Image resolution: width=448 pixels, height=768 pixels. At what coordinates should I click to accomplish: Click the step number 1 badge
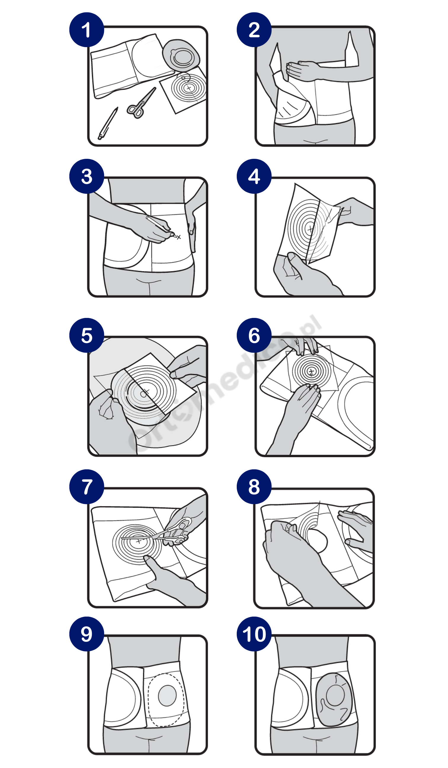[87, 30]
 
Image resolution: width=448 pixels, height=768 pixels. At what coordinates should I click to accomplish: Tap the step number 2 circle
[254, 30]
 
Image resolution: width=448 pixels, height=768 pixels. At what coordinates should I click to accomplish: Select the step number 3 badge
[87, 176]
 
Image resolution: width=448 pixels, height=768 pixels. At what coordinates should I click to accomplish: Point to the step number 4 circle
[254, 176]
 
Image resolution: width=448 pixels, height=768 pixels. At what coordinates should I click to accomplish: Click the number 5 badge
[87, 335]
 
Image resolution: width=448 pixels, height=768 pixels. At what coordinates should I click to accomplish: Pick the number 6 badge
[254, 335]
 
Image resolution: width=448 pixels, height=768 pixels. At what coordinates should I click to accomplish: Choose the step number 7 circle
[87, 487]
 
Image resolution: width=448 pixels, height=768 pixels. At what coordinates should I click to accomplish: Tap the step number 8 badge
[254, 487]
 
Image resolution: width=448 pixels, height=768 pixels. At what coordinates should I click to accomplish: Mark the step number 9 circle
[87, 634]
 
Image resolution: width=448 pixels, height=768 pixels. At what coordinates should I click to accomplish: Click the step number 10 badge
[254, 634]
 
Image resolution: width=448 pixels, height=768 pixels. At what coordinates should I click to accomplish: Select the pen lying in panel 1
[108, 124]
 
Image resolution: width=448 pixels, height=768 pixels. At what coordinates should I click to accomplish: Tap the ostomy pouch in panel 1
[181, 55]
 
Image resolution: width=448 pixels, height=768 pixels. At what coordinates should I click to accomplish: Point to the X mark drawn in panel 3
[179, 237]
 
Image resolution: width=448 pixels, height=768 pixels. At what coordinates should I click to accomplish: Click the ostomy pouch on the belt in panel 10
[334, 700]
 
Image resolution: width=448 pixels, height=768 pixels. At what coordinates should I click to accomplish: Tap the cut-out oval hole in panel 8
[317, 541]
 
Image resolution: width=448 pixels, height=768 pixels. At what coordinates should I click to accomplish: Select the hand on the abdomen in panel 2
[302, 71]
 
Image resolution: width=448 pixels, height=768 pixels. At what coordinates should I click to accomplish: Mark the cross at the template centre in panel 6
[311, 371]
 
